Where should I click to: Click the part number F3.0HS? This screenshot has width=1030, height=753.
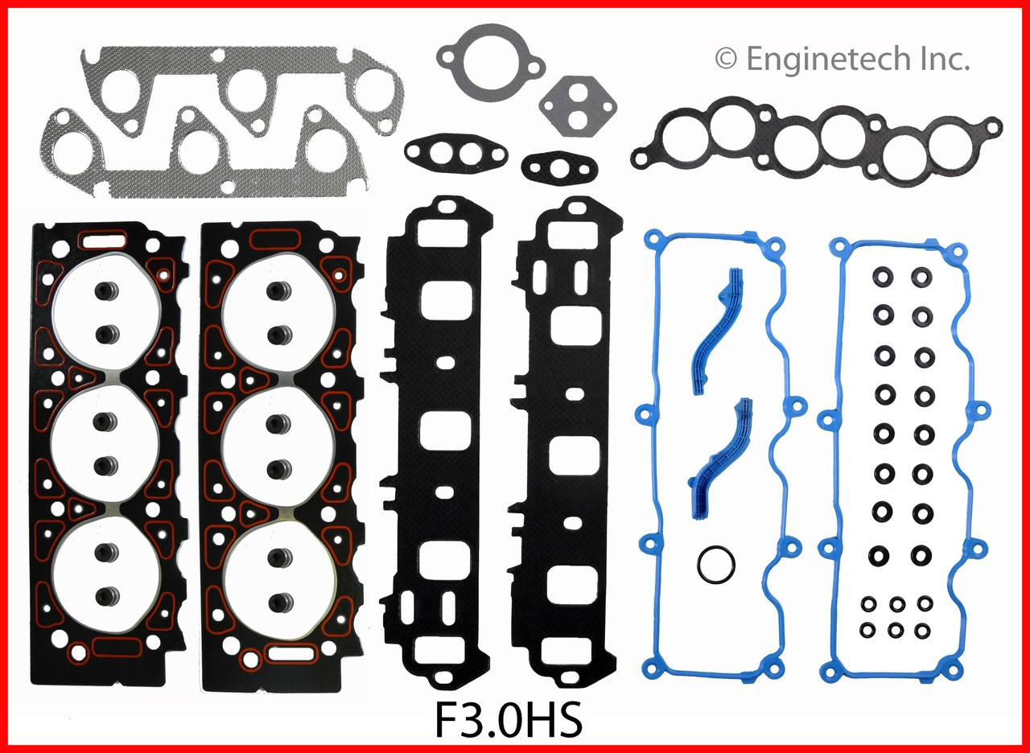(x=508, y=721)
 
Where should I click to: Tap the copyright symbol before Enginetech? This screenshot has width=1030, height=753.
(x=726, y=59)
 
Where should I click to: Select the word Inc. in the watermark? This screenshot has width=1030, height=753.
(x=942, y=58)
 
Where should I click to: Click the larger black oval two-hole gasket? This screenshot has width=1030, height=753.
(x=455, y=151)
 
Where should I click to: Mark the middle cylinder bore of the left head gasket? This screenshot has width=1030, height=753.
(x=105, y=443)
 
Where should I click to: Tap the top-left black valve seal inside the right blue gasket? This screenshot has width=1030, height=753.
(x=883, y=278)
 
